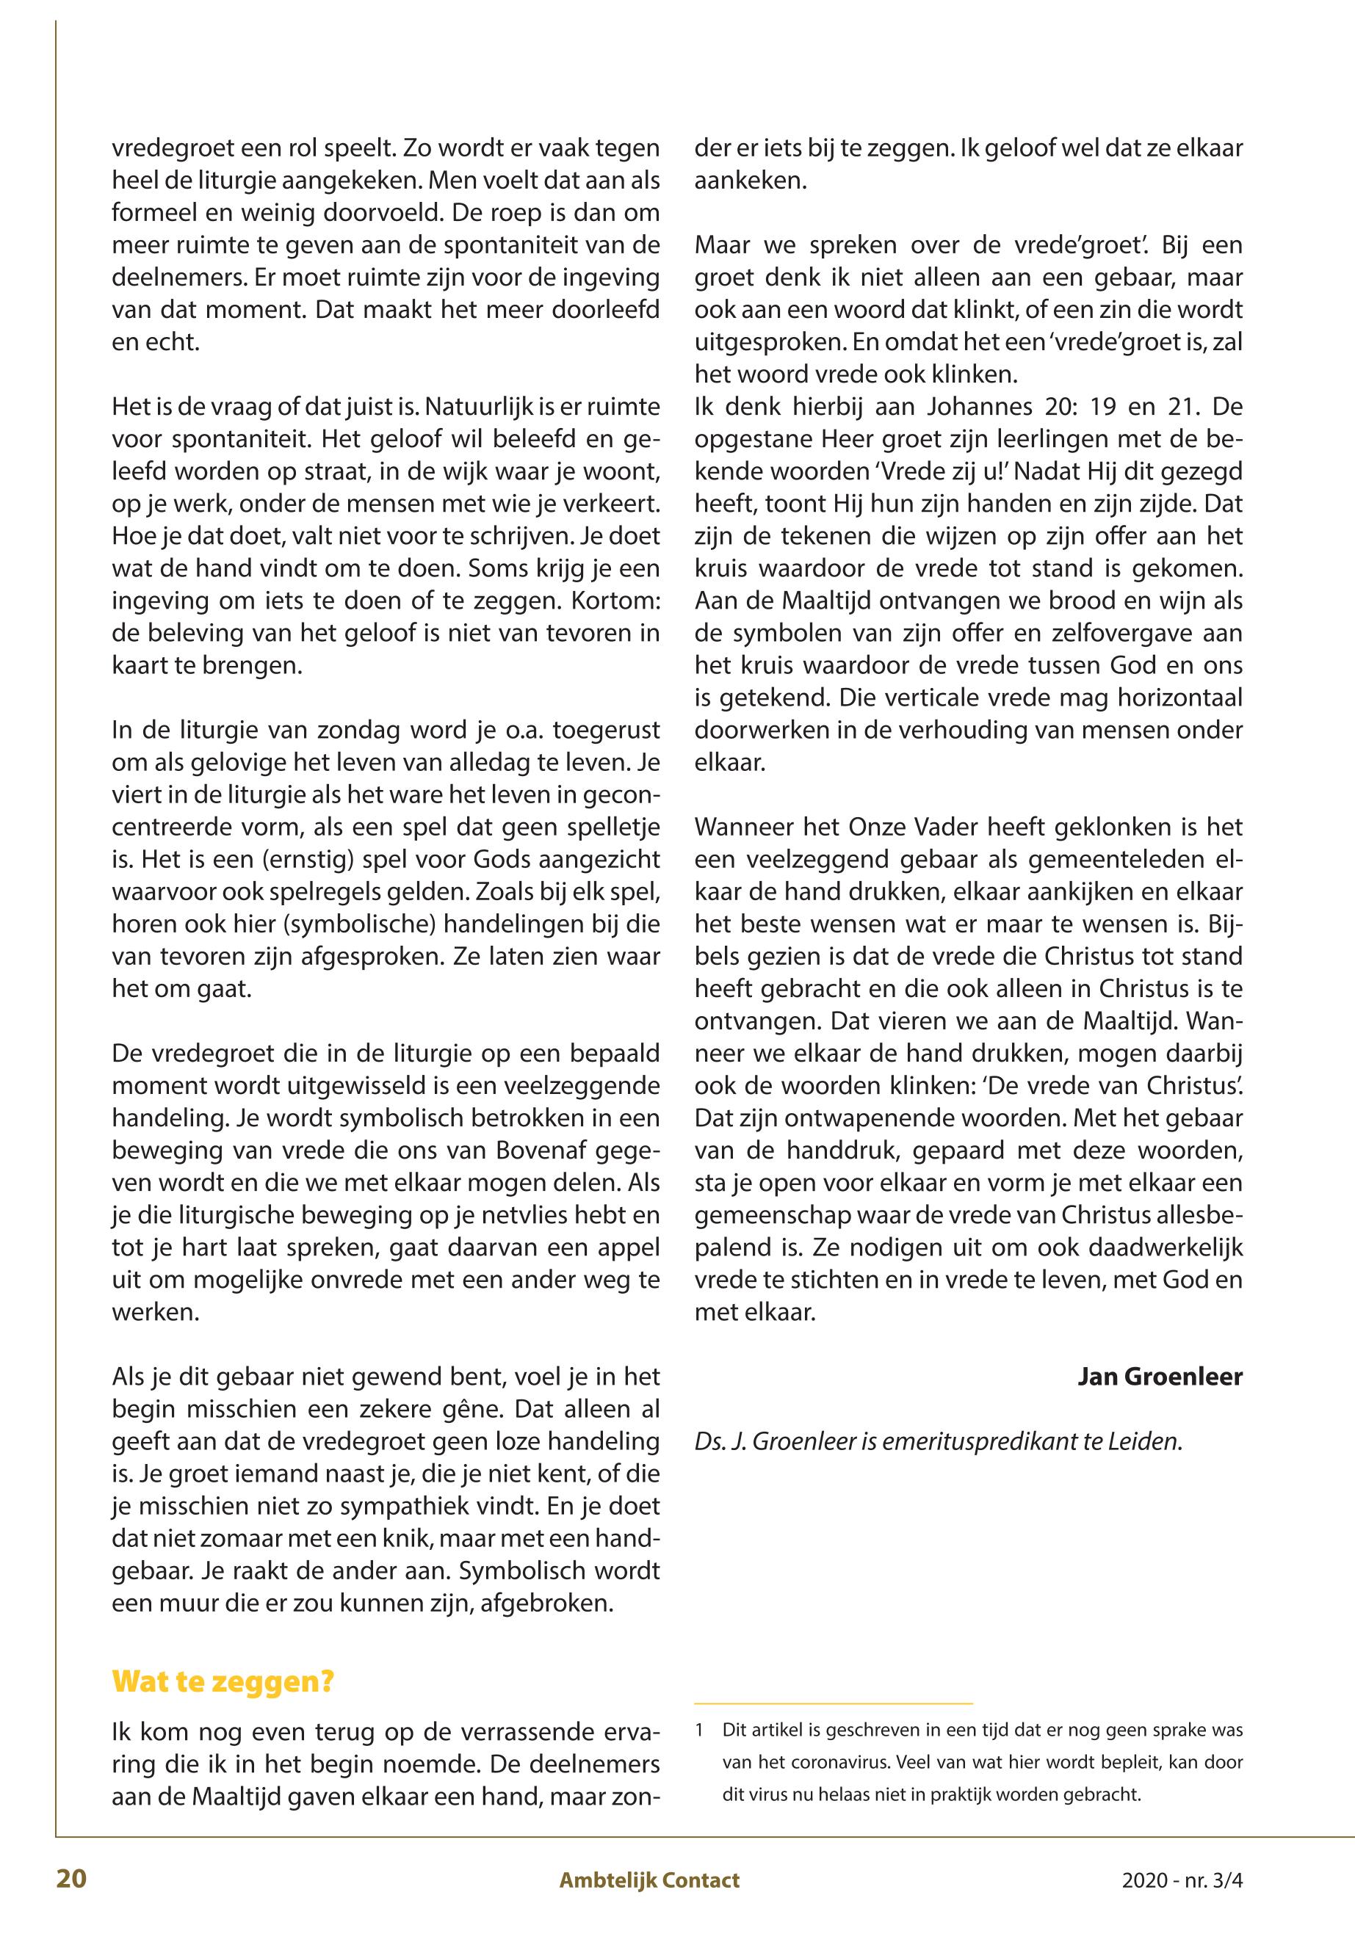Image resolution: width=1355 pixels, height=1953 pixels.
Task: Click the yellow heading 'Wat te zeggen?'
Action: (x=223, y=1681)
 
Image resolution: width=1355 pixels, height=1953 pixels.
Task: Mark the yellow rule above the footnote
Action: (x=833, y=1703)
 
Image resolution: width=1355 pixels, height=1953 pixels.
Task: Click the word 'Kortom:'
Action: (x=611, y=601)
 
